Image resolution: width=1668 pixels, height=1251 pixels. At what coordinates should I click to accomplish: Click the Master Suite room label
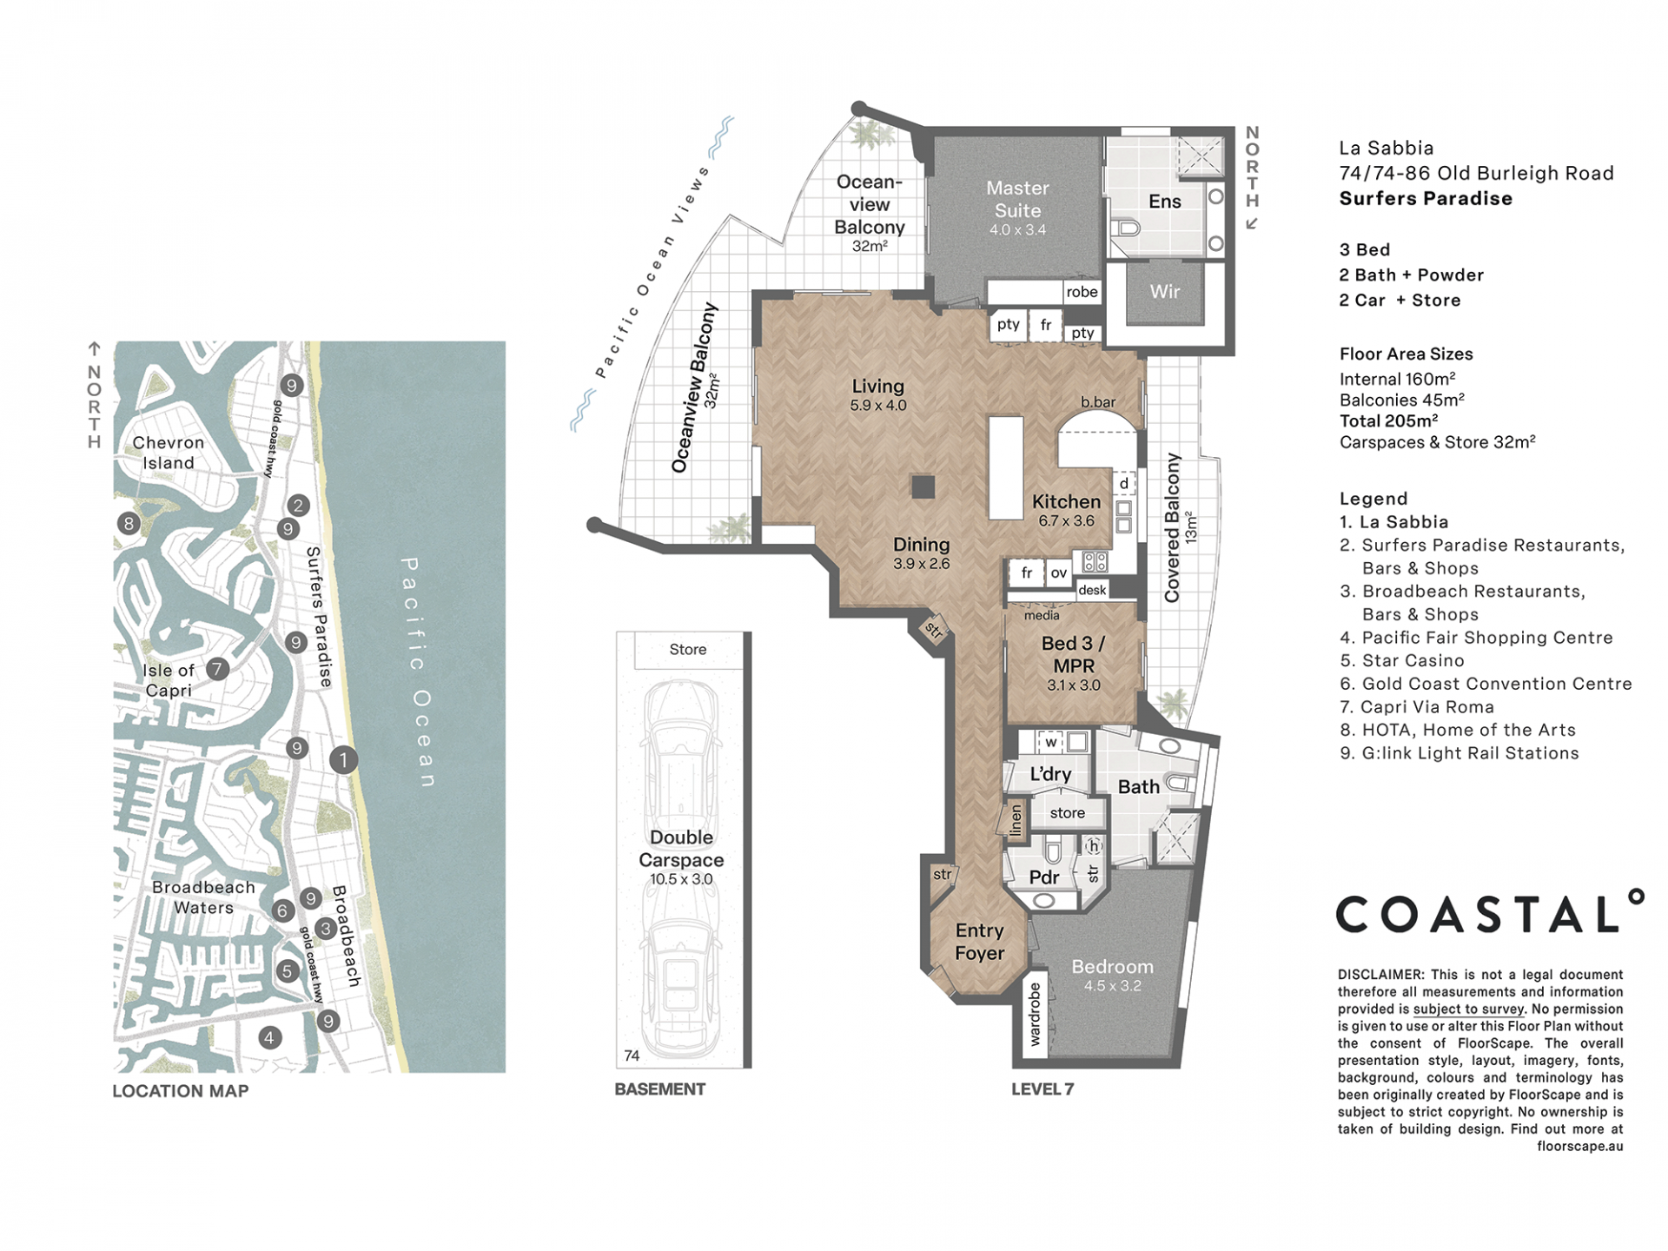[1017, 200]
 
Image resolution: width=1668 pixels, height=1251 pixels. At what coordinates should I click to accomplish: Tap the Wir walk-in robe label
[1164, 291]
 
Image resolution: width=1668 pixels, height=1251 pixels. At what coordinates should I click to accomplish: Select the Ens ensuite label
[1164, 202]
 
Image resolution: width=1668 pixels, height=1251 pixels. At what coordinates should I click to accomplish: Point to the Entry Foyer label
[979, 942]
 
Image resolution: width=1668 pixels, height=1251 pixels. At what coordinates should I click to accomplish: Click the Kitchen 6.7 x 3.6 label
[1066, 510]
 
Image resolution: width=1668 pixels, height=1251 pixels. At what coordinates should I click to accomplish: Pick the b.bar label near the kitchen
[1098, 402]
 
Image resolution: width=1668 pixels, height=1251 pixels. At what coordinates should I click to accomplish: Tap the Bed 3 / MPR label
[1073, 655]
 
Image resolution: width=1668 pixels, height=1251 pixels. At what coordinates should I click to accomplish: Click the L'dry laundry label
[1050, 774]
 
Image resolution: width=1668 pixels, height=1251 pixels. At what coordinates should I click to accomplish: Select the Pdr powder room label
[1043, 877]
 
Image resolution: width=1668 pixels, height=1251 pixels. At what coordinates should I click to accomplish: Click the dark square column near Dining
[923, 486]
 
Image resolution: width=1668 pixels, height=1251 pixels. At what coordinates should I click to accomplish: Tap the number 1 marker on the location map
[343, 760]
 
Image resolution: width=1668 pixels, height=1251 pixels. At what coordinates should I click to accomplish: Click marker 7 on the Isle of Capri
[217, 669]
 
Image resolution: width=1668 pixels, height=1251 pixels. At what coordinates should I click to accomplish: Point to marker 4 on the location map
[270, 1037]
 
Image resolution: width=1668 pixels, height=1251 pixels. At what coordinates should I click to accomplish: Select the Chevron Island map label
[169, 453]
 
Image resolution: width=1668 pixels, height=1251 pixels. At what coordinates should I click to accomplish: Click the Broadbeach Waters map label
[203, 897]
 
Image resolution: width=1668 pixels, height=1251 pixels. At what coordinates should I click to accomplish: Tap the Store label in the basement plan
[687, 650]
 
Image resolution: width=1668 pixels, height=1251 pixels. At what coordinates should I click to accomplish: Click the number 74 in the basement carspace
[632, 1056]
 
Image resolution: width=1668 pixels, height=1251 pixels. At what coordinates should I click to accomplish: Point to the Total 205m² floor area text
[1388, 421]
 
